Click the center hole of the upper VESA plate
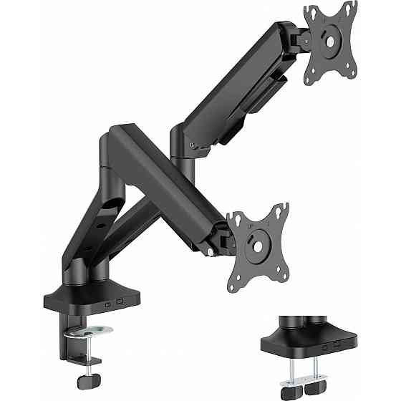[332, 41]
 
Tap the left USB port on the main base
[108, 303]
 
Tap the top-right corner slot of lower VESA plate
[284, 209]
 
